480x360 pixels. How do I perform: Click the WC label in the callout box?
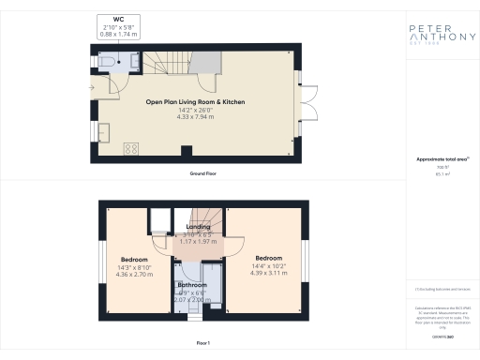click(117, 19)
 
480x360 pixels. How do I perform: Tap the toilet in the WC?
click(109, 62)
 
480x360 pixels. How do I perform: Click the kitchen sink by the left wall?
click(103, 136)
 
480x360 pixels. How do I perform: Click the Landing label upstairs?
click(198, 226)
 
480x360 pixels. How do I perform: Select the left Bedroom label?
click(135, 259)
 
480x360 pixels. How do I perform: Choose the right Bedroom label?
click(269, 257)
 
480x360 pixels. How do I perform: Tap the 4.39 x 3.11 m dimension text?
click(269, 273)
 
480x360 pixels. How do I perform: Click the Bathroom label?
click(192, 283)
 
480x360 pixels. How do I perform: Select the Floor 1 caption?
click(203, 344)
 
